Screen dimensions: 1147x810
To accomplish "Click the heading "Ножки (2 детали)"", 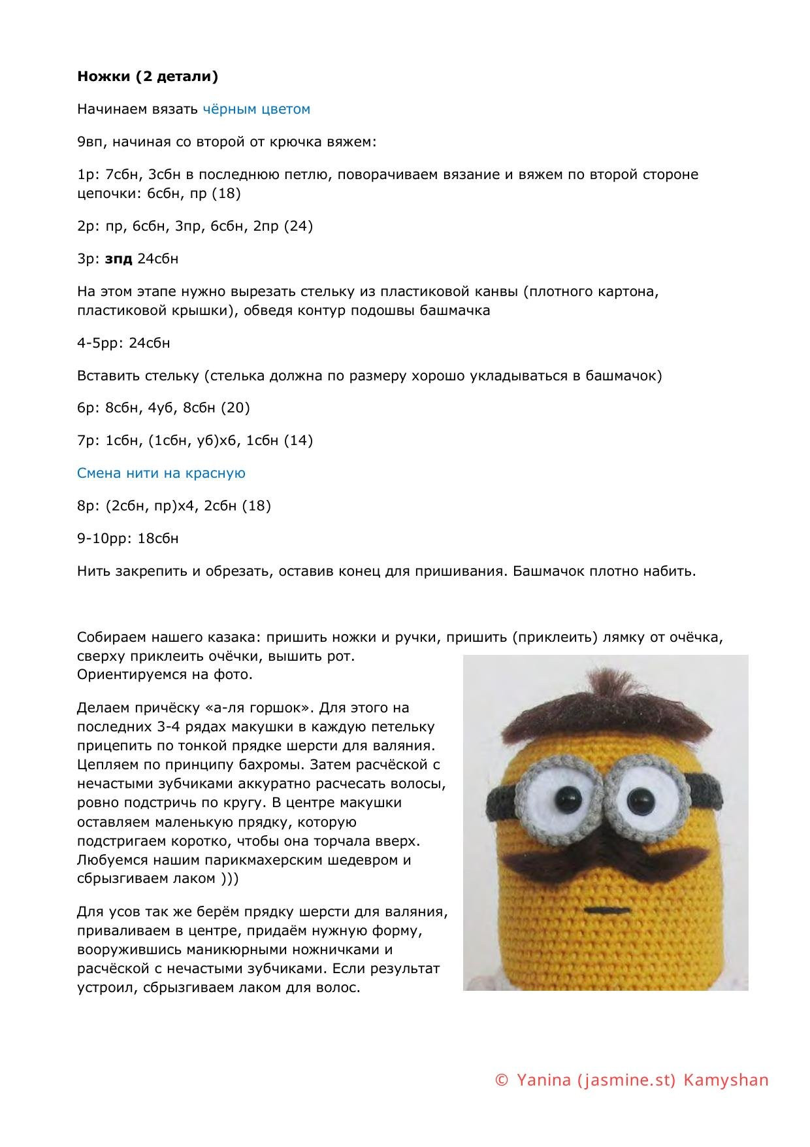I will pyautogui.click(x=148, y=76).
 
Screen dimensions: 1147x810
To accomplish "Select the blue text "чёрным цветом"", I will pyautogui.click(x=256, y=109).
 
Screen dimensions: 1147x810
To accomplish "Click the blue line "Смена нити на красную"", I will pyautogui.click(x=161, y=473).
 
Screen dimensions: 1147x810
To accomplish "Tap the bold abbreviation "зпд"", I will pyautogui.click(x=119, y=259).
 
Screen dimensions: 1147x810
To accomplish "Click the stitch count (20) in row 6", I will pyautogui.click(x=236, y=408).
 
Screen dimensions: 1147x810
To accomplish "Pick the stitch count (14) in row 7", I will pyautogui.click(x=299, y=441).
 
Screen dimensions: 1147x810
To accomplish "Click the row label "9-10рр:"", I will pyautogui.click(x=99, y=539).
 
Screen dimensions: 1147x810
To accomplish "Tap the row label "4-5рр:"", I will pyautogui.click(x=99, y=343).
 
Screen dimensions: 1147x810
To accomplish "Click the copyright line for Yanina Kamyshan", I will pyautogui.click(x=632, y=1080).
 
